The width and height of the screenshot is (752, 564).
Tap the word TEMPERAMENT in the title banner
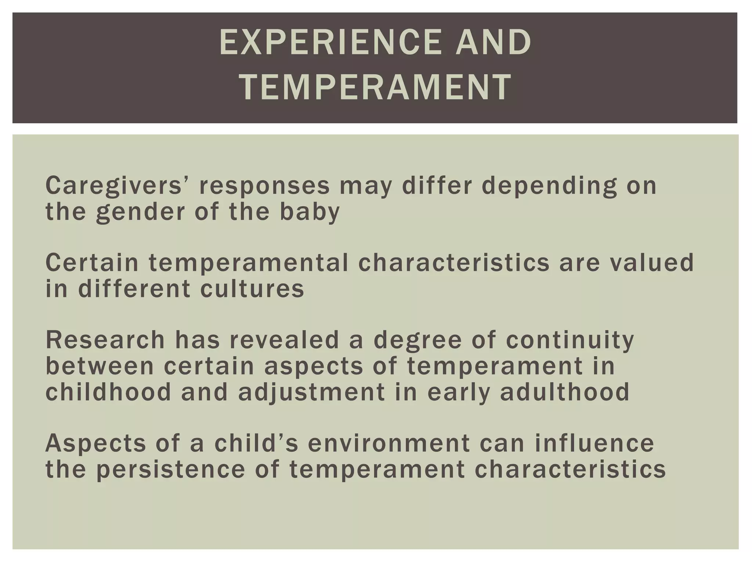click(375, 87)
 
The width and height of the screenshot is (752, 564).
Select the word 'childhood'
click(108, 392)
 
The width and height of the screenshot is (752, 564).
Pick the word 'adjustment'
click(311, 392)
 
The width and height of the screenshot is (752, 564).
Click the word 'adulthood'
click(565, 392)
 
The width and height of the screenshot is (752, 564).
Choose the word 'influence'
click(594, 443)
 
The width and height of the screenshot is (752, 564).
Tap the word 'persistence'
click(170, 470)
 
